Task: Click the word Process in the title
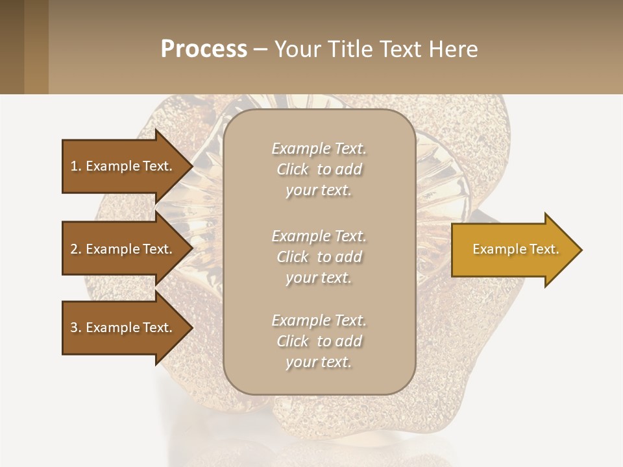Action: point(204,49)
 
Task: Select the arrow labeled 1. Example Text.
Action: point(123,166)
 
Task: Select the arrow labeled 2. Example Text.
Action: point(123,249)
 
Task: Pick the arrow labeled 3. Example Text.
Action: point(123,328)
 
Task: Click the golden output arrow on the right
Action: point(513,250)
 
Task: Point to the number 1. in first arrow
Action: point(76,166)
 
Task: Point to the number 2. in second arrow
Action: point(76,249)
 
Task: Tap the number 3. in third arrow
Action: point(76,328)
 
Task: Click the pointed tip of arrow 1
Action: point(191,166)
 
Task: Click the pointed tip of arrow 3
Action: point(191,328)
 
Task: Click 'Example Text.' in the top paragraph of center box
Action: point(319,149)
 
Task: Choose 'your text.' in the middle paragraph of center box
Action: point(318,278)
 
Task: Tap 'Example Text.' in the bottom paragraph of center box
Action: point(319,320)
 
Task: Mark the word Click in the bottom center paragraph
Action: point(293,341)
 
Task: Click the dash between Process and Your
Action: point(261,49)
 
